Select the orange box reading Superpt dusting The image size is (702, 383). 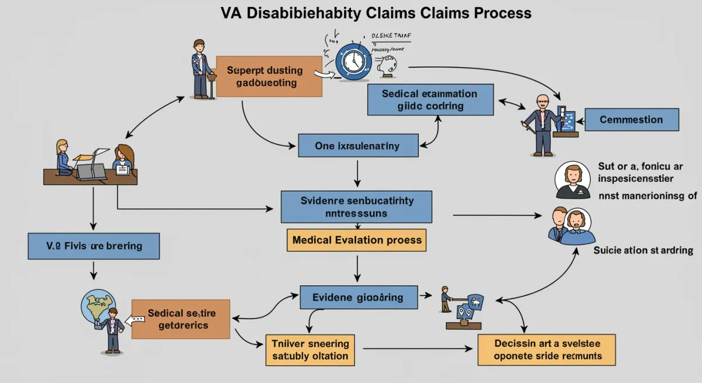click(x=269, y=77)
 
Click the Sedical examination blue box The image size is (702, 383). click(x=430, y=100)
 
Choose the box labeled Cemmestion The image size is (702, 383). click(x=631, y=119)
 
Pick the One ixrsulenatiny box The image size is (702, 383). click(x=357, y=146)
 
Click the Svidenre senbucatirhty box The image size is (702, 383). click(x=356, y=207)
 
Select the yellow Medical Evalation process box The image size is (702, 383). click(x=356, y=240)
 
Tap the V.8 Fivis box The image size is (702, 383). click(x=94, y=246)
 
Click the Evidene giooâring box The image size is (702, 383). click(x=359, y=297)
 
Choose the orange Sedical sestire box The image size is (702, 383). click(x=181, y=319)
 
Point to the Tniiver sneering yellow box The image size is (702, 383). click(x=309, y=350)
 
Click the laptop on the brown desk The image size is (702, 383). click(x=91, y=170)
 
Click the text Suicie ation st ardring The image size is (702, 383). click(x=643, y=251)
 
